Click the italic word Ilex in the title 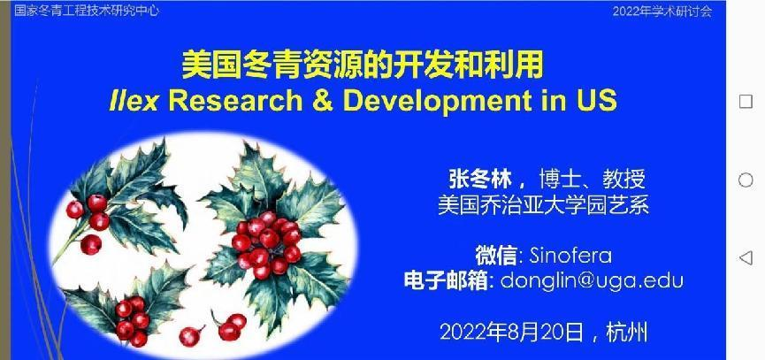pos(134,101)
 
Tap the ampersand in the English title pos(323,101)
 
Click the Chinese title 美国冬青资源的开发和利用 pos(363,65)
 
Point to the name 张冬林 pos(480,180)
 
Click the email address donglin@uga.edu pos(592,280)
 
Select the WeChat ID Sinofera pos(570,255)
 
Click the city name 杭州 pos(626,333)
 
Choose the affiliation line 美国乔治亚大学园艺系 pos(543,205)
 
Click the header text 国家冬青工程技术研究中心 pos(87,11)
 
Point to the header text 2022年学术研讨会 pos(662,11)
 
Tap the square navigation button pos(746,101)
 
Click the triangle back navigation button pos(746,258)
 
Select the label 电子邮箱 pos(446,281)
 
